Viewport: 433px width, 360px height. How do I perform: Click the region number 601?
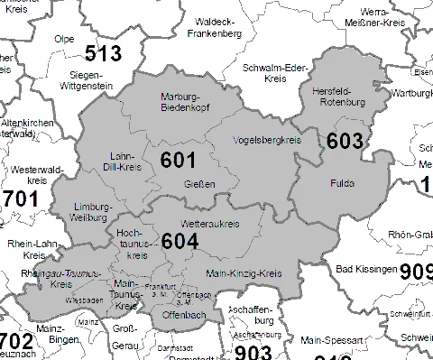178,160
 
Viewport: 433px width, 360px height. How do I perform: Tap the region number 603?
345,141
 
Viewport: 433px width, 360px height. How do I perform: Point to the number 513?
102,53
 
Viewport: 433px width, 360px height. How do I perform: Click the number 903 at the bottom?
246,352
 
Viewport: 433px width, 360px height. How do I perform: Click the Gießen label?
206,185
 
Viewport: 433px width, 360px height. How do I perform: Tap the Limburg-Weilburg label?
94,212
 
